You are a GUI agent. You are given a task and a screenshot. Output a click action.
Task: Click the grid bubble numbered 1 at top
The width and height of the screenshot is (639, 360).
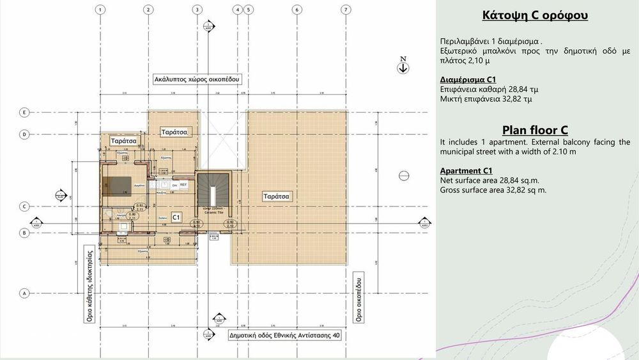click(x=101, y=10)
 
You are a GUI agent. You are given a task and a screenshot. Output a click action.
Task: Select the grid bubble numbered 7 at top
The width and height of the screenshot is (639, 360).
click(x=345, y=10)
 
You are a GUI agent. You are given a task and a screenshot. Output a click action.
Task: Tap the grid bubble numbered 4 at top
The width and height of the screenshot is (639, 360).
click(x=238, y=10)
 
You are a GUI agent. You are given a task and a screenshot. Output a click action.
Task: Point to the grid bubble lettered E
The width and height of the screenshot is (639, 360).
click(x=24, y=112)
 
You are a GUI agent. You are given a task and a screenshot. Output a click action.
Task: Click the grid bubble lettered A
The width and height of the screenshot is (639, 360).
click(x=24, y=293)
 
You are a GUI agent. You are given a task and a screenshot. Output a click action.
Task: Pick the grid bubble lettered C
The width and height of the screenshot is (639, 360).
click(x=24, y=207)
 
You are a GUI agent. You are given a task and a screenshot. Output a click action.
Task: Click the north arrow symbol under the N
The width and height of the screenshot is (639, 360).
click(x=403, y=68)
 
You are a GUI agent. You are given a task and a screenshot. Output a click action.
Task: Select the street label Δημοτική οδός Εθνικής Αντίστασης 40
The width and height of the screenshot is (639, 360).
click(x=284, y=334)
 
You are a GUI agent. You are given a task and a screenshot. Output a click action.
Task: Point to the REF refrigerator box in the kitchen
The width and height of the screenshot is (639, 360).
click(x=183, y=184)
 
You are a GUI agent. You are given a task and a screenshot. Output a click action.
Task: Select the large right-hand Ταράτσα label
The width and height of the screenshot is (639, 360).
click(x=277, y=196)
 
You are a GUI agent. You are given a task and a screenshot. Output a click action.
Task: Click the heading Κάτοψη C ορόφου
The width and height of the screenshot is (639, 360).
click(x=535, y=15)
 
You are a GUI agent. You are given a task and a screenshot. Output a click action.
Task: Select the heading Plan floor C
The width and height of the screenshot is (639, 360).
click(x=535, y=130)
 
